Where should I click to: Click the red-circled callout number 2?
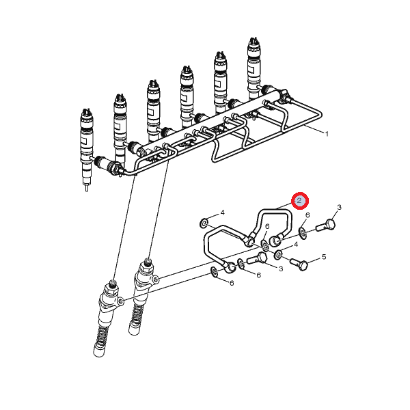click(300, 200)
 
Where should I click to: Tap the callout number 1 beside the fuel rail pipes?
click(327, 134)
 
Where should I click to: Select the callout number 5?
click(324, 257)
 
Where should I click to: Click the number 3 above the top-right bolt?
click(339, 207)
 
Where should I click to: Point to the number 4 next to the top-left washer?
click(223, 213)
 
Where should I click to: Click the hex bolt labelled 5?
click(299, 264)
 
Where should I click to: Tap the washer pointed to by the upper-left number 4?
click(203, 223)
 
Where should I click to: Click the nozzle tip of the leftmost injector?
click(87, 189)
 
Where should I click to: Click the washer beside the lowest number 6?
click(215, 272)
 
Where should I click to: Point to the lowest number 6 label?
click(232, 283)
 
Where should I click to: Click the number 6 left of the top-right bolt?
click(307, 215)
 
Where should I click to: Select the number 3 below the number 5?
click(281, 269)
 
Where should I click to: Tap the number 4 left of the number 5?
click(296, 244)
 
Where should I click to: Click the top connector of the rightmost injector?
click(254, 42)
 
